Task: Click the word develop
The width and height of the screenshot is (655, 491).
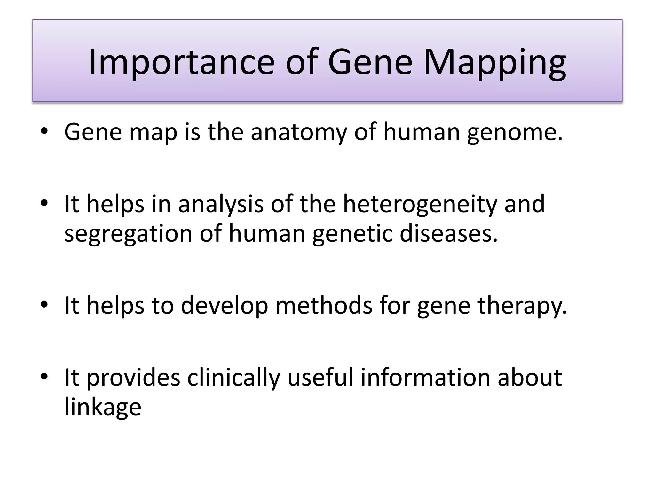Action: [x=224, y=305]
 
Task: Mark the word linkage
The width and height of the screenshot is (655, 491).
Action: [x=103, y=407]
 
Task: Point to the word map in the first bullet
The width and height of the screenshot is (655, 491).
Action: [x=153, y=132]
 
